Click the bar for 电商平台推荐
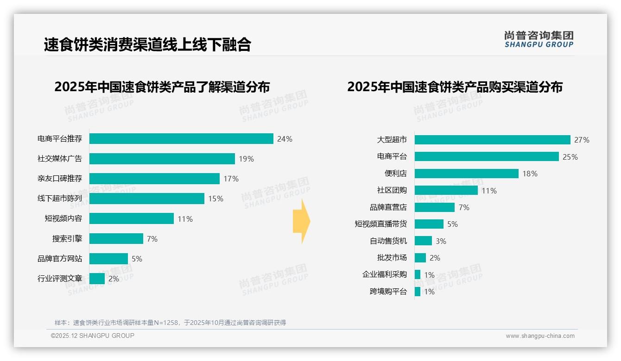coord(181,139)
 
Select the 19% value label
coord(246,159)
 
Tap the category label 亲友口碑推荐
coord(60,179)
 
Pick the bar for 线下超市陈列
coord(147,199)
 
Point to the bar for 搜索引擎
coord(116,239)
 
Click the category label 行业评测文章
coord(60,279)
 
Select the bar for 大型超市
coord(492,140)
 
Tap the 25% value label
coord(570,157)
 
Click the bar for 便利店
coord(466,174)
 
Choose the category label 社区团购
coord(392,190)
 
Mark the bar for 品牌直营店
coord(434,207)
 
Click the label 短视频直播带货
coord(380,224)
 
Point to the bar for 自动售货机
coord(423,241)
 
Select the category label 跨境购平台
coord(388,292)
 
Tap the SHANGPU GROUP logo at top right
coord(539,39)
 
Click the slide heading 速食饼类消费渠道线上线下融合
coord(147,44)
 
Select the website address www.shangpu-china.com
coord(540,336)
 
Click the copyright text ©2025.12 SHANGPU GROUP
coord(93,336)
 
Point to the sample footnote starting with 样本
coord(170,323)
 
